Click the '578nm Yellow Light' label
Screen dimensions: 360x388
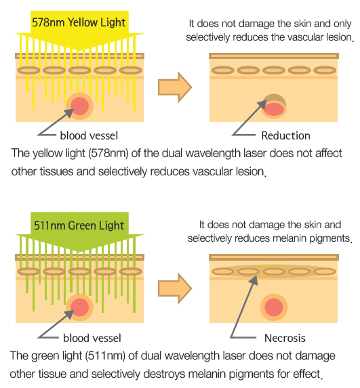click(x=79, y=22)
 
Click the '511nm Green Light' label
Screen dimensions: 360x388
click(x=79, y=225)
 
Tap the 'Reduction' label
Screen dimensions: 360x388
click(x=285, y=135)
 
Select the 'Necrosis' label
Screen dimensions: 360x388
click(x=285, y=338)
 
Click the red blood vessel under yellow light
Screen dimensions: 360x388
click(x=79, y=106)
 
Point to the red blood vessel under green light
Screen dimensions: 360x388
click(x=79, y=307)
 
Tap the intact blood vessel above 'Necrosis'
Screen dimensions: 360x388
click(x=274, y=307)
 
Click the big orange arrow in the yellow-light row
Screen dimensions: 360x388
click(x=175, y=87)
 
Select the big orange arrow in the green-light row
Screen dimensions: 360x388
click(x=175, y=288)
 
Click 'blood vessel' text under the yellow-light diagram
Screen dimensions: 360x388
click(x=89, y=135)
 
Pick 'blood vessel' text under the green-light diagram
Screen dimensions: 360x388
click(x=92, y=338)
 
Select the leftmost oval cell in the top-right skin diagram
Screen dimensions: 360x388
click(x=223, y=70)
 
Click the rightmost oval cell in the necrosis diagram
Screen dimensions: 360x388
click(x=325, y=272)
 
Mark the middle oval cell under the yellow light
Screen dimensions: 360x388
click(x=79, y=70)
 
